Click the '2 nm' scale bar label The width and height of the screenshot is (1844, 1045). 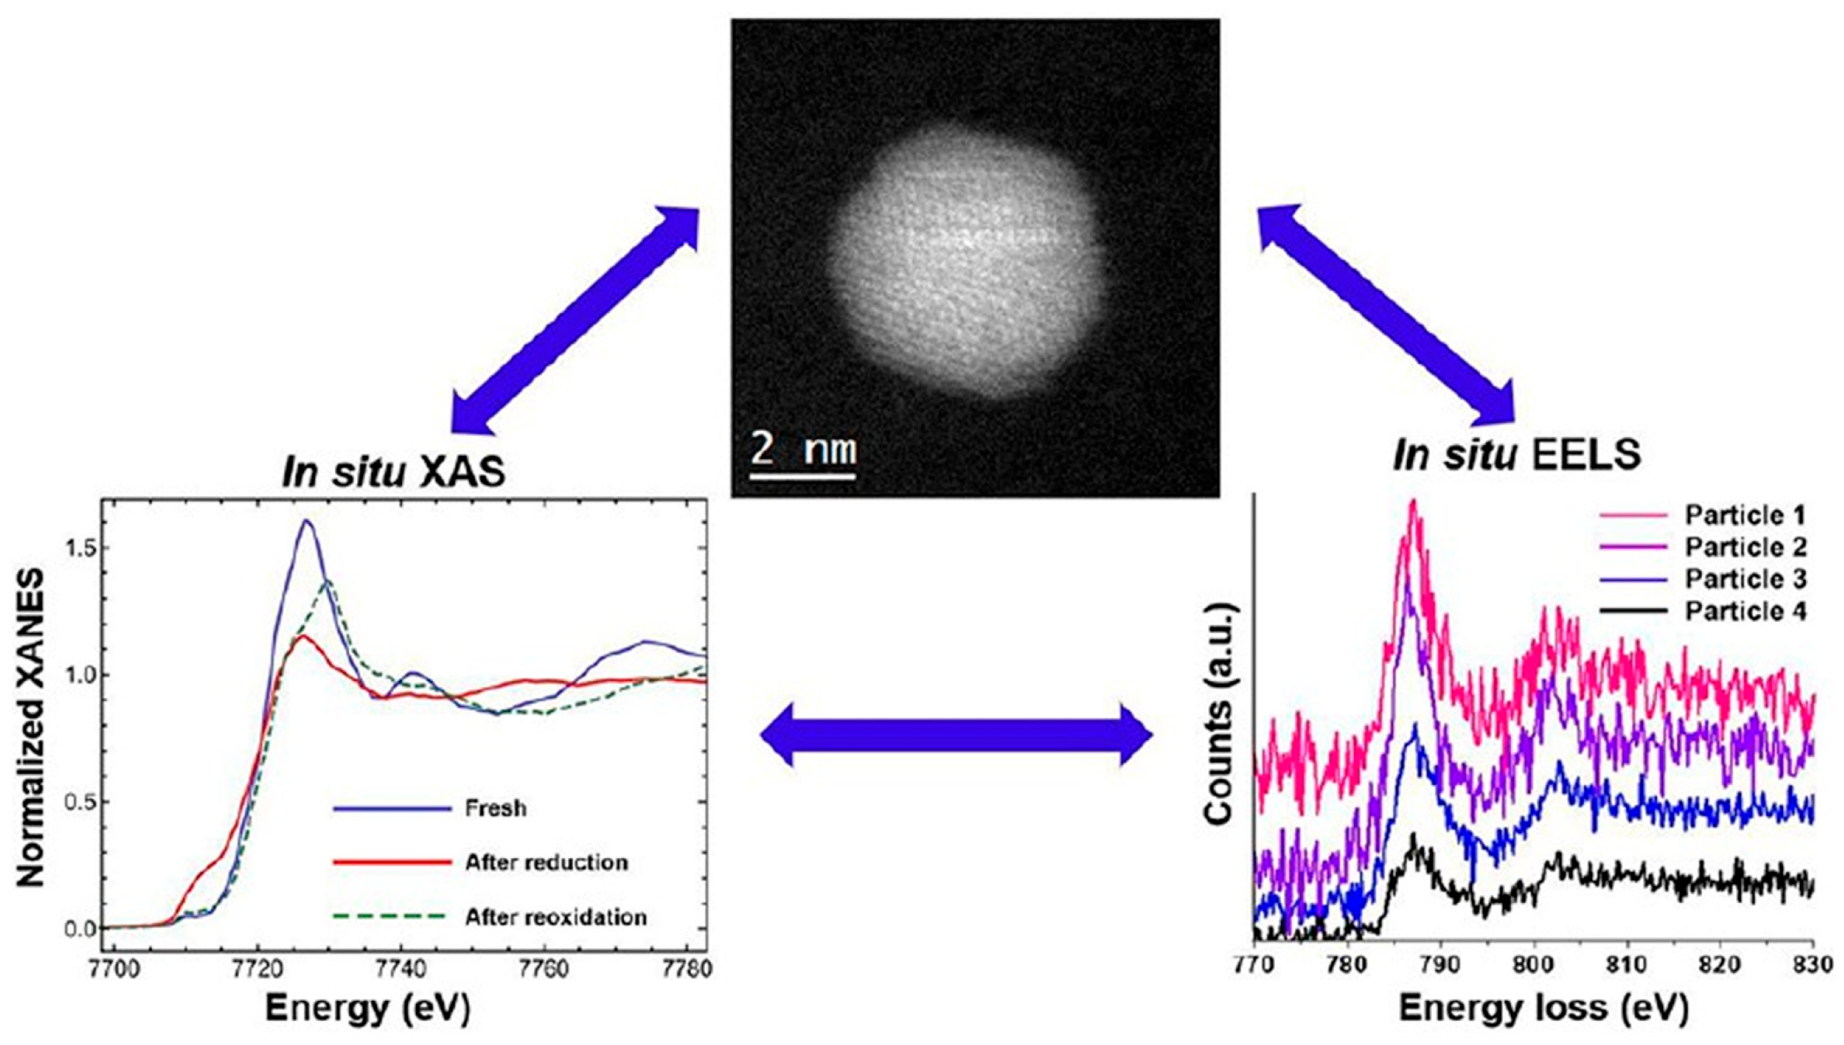click(802, 449)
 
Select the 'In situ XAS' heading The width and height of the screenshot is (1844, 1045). click(393, 473)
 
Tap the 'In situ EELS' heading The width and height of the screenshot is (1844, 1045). click(1518, 455)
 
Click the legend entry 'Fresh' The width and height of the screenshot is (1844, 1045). click(495, 808)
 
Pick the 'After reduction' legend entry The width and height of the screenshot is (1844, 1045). click(546, 862)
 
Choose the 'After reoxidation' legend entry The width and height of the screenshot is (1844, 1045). click(555, 917)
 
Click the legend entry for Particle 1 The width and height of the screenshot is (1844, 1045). click(1744, 516)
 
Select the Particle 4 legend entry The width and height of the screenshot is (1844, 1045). click(1744, 611)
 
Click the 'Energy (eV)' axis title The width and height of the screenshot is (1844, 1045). click(367, 1008)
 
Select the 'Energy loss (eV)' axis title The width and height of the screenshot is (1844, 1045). click(1543, 1008)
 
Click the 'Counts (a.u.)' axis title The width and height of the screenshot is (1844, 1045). click(1220, 714)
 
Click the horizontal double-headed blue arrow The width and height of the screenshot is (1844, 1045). click(956, 734)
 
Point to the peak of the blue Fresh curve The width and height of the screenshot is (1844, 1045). click(307, 521)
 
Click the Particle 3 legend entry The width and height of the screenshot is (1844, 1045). click(1744, 579)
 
